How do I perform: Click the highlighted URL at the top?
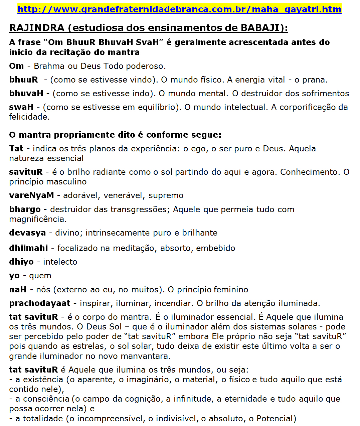click(x=179, y=9)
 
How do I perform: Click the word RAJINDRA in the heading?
click(x=37, y=28)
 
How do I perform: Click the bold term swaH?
click(x=21, y=107)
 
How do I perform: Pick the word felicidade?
click(x=29, y=117)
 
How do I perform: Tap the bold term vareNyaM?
click(x=31, y=195)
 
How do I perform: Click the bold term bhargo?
click(x=25, y=209)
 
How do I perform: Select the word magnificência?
click(x=38, y=219)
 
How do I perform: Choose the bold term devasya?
click(x=27, y=233)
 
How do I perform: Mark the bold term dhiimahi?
click(x=28, y=248)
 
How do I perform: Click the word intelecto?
click(x=60, y=262)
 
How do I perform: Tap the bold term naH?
click(x=18, y=290)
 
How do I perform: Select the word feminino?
click(x=231, y=290)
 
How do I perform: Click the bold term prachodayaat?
click(x=40, y=303)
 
